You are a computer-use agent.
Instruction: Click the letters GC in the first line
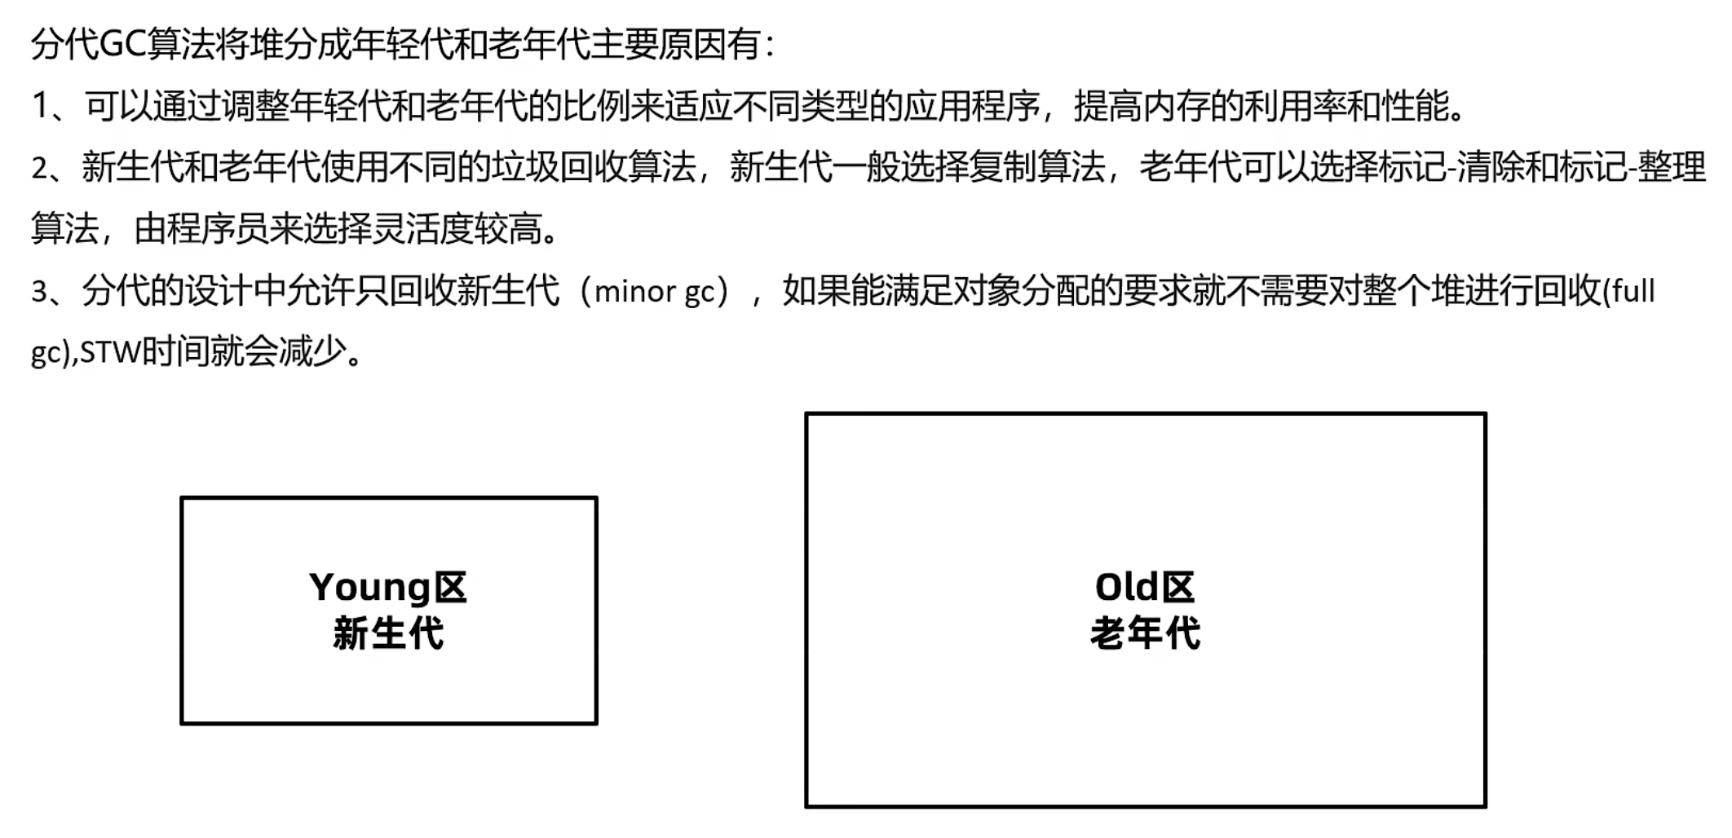pos(122,44)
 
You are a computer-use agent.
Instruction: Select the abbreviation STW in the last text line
pos(109,353)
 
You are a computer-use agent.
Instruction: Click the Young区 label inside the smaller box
pos(388,587)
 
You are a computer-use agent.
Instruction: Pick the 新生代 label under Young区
pos(388,633)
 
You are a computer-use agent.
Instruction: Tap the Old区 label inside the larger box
pos(1144,587)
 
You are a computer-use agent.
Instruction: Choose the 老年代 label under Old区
pos(1144,633)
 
